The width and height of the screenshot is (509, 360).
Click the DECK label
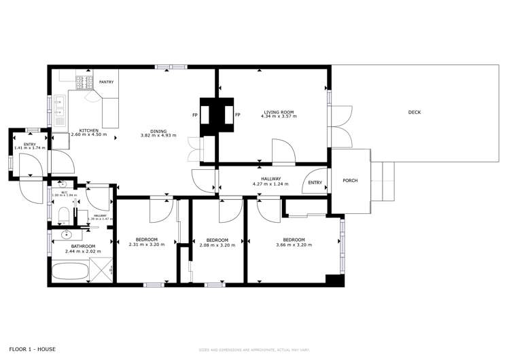pyautogui.click(x=414, y=112)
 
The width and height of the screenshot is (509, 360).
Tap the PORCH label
pyautogui.click(x=350, y=180)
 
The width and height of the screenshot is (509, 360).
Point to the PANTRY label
pyautogui.click(x=106, y=82)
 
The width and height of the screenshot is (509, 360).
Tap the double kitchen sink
pyautogui.click(x=58, y=111)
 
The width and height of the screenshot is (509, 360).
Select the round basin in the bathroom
pyautogui.click(x=67, y=234)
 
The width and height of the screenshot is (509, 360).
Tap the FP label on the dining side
pyautogui.click(x=195, y=115)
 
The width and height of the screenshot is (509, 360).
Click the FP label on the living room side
pyautogui.click(x=237, y=115)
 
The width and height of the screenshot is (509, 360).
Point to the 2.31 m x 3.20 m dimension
pyautogui.click(x=147, y=245)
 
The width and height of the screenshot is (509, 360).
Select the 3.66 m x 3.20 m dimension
pyautogui.click(x=294, y=245)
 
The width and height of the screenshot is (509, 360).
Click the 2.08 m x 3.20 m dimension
pyautogui.click(x=217, y=245)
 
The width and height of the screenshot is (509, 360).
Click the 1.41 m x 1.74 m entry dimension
pyautogui.click(x=29, y=147)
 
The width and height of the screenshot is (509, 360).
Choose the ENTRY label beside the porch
pyautogui.click(x=315, y=182)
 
